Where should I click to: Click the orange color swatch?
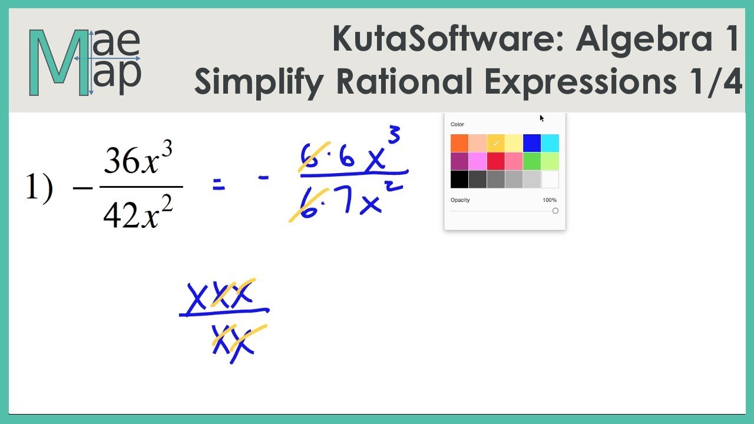pyautogui.click(x=459, y=143)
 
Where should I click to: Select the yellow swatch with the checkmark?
pyautogui.click(x=496, y=143)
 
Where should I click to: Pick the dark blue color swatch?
pyautogui.click(x=532, y=143)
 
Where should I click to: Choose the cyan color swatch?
pyautogui.click(x=550, y=143)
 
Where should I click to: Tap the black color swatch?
pyautogui.click(x=459, y=179)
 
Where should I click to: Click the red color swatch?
pyautogui.click(x=496, y=161)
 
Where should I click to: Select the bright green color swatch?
pyautogui.click(x=532, y=161)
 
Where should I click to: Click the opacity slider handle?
pyautogui.click(x=555, y=211)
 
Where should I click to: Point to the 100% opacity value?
pyautogui.click(x=549, y=200)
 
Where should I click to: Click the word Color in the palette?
pyautogui.click(x=457, y=125)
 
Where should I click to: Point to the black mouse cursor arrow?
pyautogui.click(x=541, y=118)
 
